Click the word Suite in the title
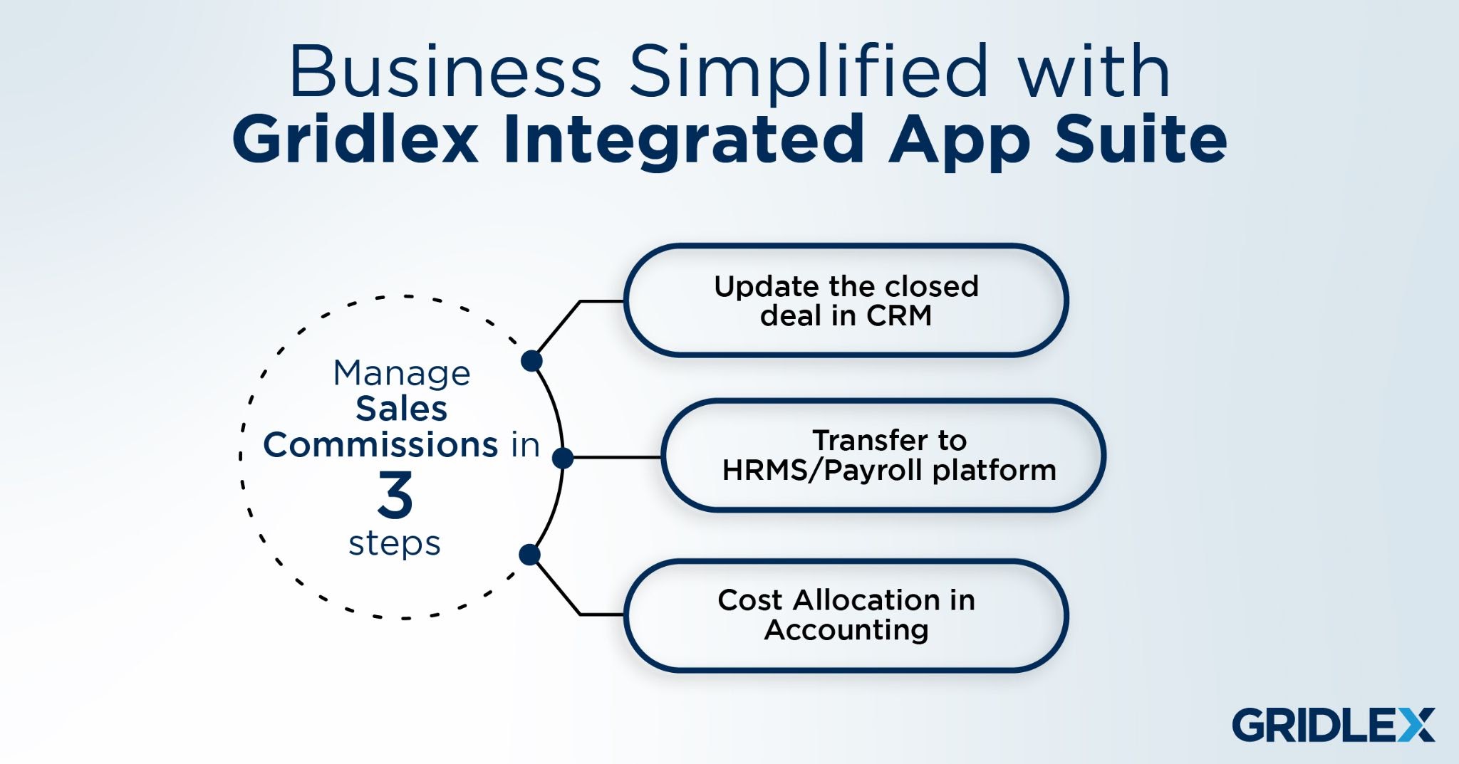click(1141, 138)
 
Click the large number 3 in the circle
click(395, 495)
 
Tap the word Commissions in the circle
click(380, 444)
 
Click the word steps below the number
click(395, 544)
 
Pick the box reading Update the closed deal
click(846, 300)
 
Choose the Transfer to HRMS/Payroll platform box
click(883, 455)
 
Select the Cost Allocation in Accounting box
click(846, 615)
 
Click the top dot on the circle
click(531, 361)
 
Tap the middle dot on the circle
click(563, 458)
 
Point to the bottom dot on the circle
click(530, 555)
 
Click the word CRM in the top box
click(898, 315)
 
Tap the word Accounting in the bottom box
click(846, 631)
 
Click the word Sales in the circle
click(402, 409)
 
